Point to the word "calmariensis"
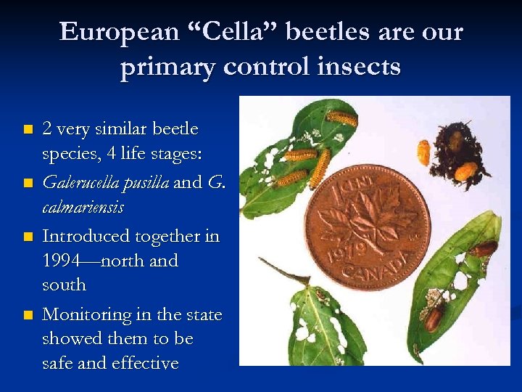click(83, 208)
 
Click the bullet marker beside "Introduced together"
click(28, 237)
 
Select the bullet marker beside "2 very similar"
click(28, 129)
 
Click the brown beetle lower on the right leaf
click(434, 318)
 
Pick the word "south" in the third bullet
click(65, 285)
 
